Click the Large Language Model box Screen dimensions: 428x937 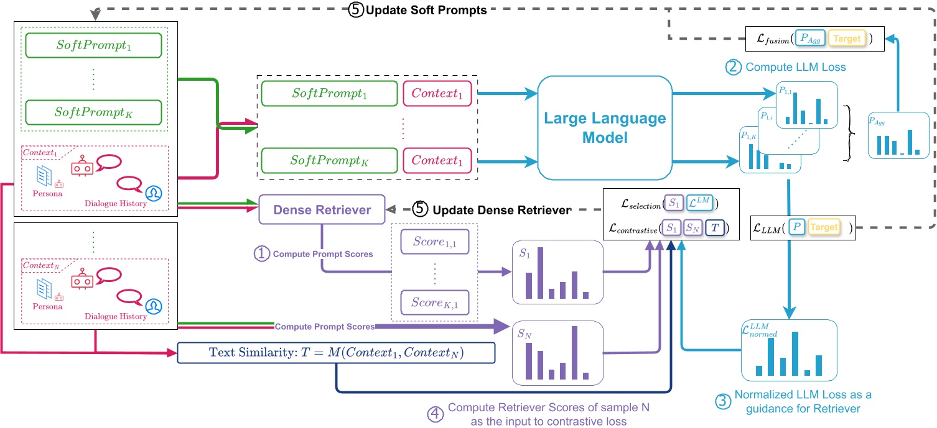pyautogui.click(x=605, y=129)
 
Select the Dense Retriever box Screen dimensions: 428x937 pyautogui.click(x=322, y=210)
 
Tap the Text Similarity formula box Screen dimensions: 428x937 pyautogui.click(x=336, y=354)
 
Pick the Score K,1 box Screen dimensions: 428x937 pyautogui.click(x=434, y=303)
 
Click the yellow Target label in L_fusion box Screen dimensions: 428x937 pyautogui.click(x=847, y=39)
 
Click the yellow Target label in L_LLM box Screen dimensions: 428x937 pyautogui.click(x=824, y=227)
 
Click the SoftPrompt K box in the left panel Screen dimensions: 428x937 pyautogui.click(x=93, y=112)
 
